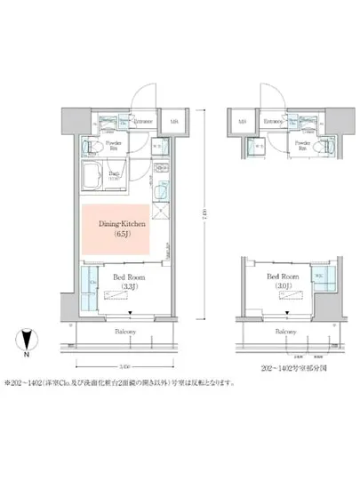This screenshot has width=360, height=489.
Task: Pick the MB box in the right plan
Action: point(240,122)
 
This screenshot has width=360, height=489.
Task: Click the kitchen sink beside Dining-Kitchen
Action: point(160,191)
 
